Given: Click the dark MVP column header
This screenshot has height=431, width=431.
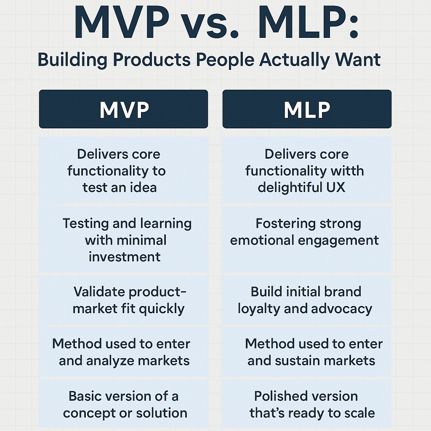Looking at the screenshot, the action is tap(123, 109).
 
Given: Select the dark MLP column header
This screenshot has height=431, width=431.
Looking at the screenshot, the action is tap(307, 109).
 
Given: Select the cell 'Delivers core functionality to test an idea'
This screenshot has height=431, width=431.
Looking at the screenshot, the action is tap(123, 170).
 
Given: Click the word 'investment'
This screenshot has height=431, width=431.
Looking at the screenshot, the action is tap(125, 257).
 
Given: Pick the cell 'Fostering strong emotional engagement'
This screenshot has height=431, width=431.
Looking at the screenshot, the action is tap(307, 239).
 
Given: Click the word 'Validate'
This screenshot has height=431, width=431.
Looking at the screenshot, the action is tap(99, 292).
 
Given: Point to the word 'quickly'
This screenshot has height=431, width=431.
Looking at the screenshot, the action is tap(162, 309).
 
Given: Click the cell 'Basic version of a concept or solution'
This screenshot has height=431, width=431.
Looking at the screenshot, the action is tap(123, 404).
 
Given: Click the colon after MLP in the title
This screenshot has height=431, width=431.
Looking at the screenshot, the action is tap(354, 27).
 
